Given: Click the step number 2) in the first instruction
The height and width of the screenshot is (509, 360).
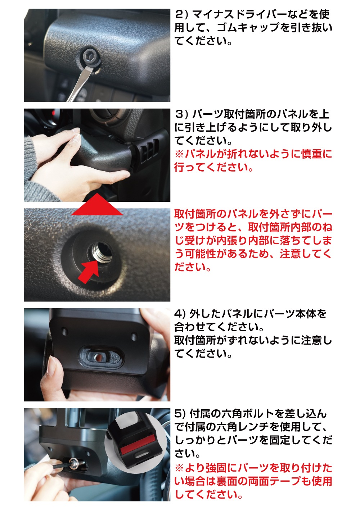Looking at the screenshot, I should [181, 15].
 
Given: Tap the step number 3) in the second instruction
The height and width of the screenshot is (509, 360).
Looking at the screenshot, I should [181, 115].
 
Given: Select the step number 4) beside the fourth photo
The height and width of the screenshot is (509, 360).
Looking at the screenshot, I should [180, 314].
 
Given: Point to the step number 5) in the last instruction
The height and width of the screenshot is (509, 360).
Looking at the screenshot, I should [180, 414].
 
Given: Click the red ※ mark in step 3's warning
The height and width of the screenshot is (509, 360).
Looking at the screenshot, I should [179, 154].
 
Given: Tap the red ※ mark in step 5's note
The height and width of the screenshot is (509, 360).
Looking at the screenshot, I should [179, 468].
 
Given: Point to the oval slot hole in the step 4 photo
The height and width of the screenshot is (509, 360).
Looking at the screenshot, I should [101, 356].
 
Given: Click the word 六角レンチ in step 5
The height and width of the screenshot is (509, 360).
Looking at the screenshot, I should [242, 427].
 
